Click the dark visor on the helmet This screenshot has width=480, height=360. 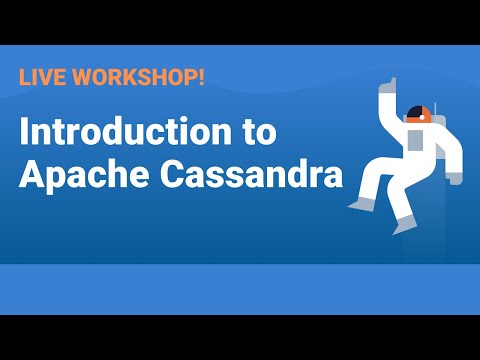[x=412, y=113]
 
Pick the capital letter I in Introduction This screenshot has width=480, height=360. [x=25, y=133]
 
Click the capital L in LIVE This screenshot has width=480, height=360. [x=24, y=76]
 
